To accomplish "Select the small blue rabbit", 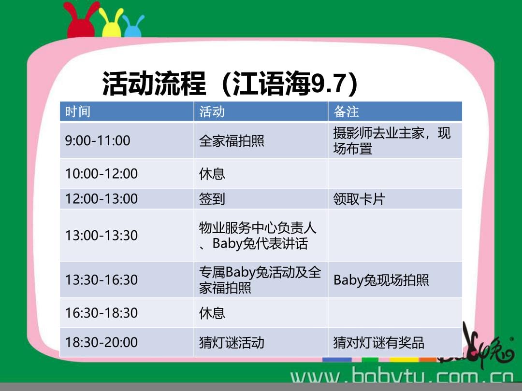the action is (132, 27).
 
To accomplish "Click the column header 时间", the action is (77, 112).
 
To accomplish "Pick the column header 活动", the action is (212, 112).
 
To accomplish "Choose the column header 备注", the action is (346, 112).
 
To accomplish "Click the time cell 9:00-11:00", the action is (98, 140).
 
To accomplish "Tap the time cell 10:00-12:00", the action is (101, 174).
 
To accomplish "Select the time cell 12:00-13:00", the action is (101, 199).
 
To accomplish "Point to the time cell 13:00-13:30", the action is (101, 236).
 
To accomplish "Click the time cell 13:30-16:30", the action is (101, 279).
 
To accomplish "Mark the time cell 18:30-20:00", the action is (101, 342).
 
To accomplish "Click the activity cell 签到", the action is (212, 199).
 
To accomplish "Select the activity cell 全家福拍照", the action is (232, 141).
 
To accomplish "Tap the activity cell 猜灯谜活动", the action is (232, 342).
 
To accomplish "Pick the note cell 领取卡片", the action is (359, 199).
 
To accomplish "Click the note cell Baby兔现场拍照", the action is (381, 280).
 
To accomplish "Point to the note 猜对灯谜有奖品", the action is (379, 342).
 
